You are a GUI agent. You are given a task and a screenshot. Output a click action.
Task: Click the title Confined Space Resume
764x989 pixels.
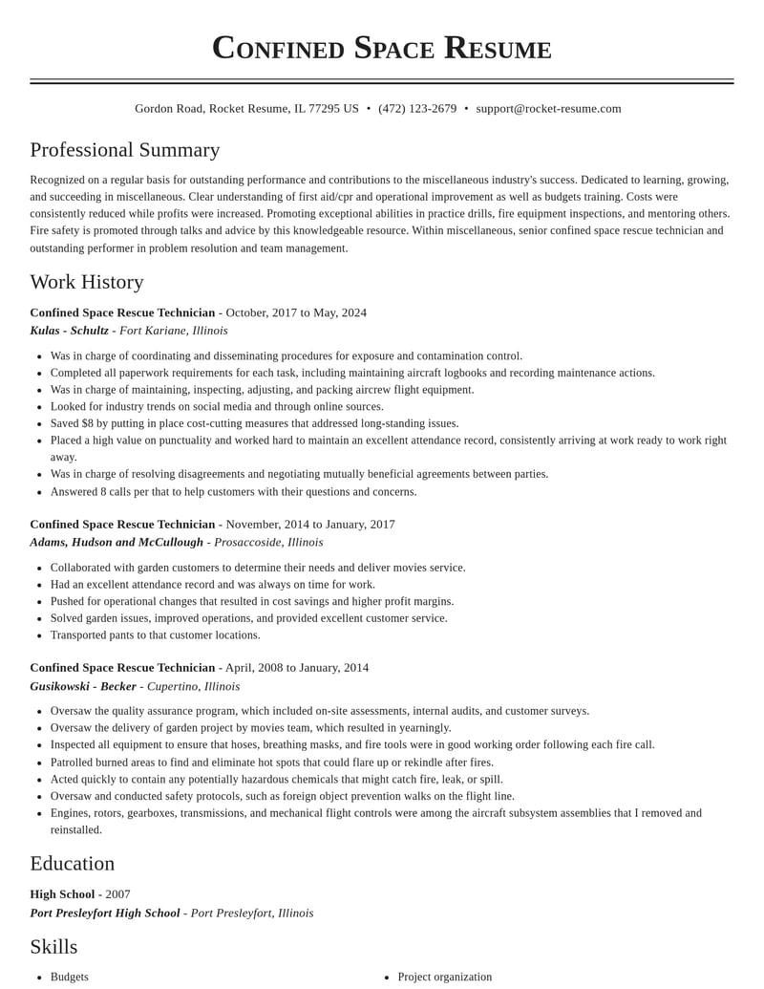click(x=382, y=48)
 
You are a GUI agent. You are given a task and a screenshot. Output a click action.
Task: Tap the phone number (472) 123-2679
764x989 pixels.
click(x=417, y=109)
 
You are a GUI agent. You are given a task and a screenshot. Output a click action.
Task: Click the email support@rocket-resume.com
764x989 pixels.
click(x=548, y=109)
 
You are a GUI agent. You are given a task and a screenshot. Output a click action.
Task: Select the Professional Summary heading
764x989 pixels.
click(x=125, y=150)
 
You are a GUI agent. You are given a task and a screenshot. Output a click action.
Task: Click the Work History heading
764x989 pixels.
click(x=87, y=282)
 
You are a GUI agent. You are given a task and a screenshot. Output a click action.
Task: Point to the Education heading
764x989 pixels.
click(x=73, y=863)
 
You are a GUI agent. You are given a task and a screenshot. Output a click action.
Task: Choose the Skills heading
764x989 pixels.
click(x=53, y=946)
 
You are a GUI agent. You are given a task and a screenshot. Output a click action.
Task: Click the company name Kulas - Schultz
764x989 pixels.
click(x=69, y=331)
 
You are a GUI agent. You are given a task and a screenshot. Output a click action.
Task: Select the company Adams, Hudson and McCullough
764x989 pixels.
click(x=117, y=542)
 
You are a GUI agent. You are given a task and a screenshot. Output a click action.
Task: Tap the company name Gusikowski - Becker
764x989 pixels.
click(x=83, y=686)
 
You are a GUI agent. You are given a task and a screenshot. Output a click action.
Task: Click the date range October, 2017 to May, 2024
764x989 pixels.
click(x=296, y=312)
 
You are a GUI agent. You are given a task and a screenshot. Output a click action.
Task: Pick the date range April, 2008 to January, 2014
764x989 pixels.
click(x=297, y=668)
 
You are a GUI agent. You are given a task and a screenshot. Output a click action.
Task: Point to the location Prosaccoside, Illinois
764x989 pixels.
click(x=268, y=542)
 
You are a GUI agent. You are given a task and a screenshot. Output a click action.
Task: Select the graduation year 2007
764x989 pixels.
click(x=117, y=894)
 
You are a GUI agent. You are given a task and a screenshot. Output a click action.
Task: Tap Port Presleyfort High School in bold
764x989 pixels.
click(x=105, y=913)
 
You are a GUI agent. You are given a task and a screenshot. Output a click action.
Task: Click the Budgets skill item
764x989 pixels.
click(x=70, y=977)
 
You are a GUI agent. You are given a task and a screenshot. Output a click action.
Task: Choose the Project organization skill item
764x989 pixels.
click(x=445, y=977)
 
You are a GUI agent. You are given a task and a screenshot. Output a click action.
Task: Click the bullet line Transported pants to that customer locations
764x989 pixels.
click(x=155, y=635)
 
